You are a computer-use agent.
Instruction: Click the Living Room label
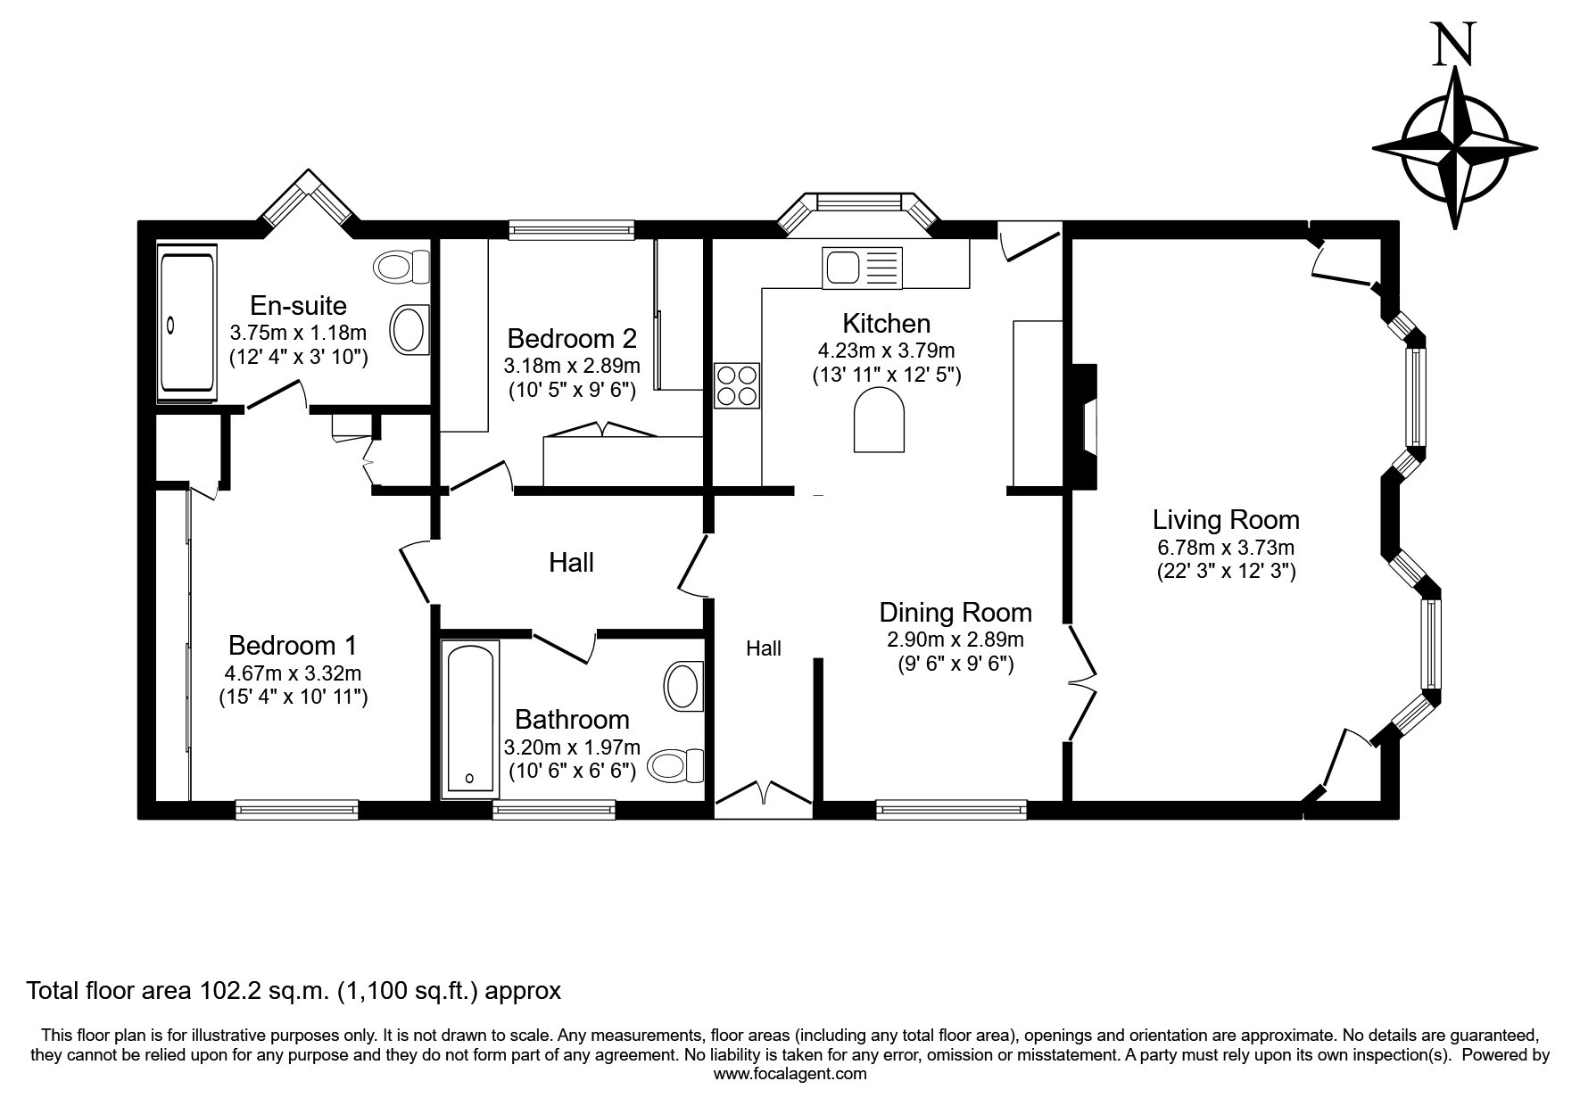1226,519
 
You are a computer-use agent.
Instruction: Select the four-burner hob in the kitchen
737,386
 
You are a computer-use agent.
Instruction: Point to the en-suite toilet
402,267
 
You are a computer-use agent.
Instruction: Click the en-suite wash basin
410,328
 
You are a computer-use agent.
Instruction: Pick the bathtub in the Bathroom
470,718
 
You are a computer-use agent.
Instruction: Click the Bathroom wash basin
684,685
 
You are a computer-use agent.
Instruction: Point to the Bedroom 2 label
572,339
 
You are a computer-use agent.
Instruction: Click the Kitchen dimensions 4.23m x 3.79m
886,351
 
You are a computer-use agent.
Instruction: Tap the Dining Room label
955,613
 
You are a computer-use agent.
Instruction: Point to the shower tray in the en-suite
187,320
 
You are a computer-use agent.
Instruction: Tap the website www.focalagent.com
790,1074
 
